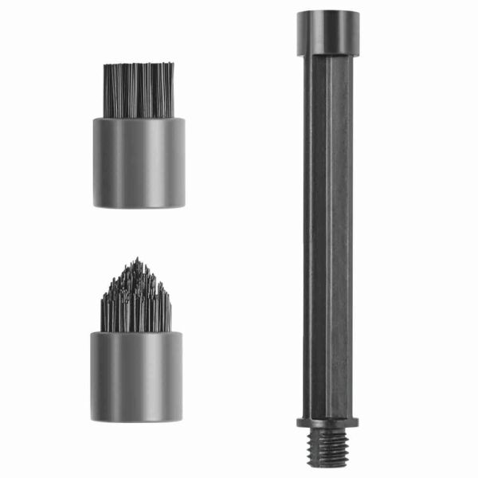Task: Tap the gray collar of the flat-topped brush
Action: (x=139, y=163)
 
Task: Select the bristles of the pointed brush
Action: (x=137, y=303)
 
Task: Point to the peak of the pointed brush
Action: (x=138, y=261)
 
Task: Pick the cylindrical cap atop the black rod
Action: (x=327, y=33)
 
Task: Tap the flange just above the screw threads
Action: (x=327, y=421)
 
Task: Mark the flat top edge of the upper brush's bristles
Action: (x=139, y=65)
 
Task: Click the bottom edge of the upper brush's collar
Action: (x=139, y=206)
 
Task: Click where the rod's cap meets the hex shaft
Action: (x=327, y=55)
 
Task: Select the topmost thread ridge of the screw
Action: (x=327, y=431)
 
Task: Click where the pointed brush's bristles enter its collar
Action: (x=136, y=331)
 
